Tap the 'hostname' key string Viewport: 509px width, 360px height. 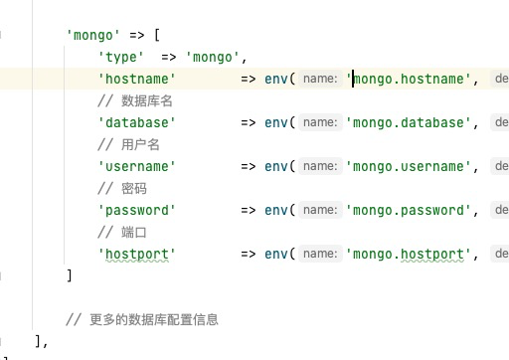[x=136, y=79]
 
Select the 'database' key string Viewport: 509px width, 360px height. [x=136, y=122]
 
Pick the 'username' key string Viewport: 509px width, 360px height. [x=136, y=166]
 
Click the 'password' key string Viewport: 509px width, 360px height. [x=136, y=210]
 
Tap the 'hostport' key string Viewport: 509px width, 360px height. [x=136, y=254]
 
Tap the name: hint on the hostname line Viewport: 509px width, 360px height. [x=320, y=79]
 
